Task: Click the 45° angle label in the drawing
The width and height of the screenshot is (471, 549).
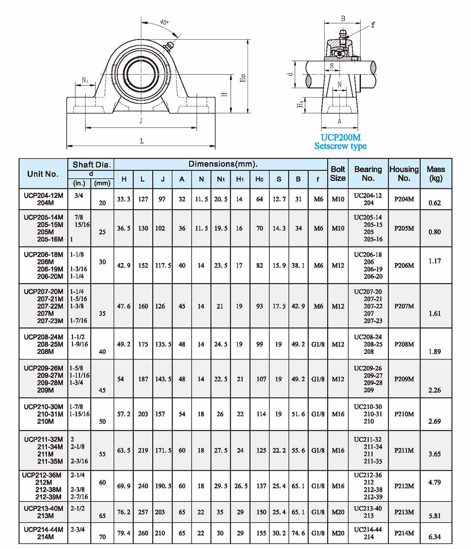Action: click(164, 22)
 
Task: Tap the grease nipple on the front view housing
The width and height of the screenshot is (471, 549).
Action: click(168, 46)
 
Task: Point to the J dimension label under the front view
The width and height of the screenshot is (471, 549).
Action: click(141, 121)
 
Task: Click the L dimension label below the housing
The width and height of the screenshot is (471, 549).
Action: click(142, 141)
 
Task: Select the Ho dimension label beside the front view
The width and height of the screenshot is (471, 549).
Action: click(243, 78)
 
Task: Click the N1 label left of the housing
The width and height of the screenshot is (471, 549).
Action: click(85, 80)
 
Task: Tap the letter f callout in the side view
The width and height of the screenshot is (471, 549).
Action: click(373, 25)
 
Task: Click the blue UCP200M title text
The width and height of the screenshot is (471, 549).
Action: click(340, 137)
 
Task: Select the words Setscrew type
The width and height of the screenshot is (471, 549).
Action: click(340, 146)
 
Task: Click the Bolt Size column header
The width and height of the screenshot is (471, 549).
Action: click(338, 174)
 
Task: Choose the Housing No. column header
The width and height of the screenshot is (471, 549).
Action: click(404, 174)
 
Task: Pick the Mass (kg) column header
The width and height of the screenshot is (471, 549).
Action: click(436, 174)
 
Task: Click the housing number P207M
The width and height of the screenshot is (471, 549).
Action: click(404, 306)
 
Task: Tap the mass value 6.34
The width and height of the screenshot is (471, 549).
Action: click(434, 537)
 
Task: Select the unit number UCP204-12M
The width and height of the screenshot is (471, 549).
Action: click(43, 195)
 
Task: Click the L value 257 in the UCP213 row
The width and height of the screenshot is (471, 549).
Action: click(143, 512)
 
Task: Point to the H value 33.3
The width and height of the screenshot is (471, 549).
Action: click(123, 199)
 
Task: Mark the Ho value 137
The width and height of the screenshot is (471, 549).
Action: click(261, 486)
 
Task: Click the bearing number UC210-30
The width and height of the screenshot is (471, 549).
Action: click(368, 407)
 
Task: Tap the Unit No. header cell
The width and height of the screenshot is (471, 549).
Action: click(43, 174)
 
